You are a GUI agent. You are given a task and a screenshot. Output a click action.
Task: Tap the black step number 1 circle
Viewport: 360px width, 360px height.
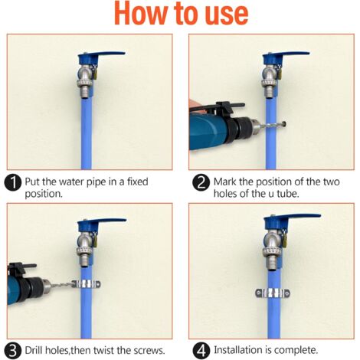pos(13,182)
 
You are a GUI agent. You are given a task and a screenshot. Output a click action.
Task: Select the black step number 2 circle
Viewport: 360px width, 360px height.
pos(201,182)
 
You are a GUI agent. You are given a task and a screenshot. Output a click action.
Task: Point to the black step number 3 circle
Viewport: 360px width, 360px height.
pos(13,350)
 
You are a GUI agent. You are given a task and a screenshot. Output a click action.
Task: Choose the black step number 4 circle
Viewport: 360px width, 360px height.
pos(201,350)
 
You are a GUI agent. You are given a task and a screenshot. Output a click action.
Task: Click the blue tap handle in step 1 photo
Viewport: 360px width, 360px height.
pos(101,57)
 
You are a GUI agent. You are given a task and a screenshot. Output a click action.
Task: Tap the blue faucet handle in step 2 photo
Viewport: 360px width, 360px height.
pos(286,57)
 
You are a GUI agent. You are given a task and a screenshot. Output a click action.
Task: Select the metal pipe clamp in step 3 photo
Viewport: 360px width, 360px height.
pos(87,284)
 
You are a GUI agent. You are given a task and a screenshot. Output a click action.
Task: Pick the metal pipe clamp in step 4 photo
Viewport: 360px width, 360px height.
pos(273,293)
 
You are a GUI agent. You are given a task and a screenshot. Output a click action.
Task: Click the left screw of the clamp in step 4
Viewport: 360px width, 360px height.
pos(259,293)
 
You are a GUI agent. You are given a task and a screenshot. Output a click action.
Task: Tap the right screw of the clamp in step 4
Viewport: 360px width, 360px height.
pos(287,293)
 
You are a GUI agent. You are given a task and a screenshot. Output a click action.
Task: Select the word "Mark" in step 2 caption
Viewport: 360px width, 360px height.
pos(224,182)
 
